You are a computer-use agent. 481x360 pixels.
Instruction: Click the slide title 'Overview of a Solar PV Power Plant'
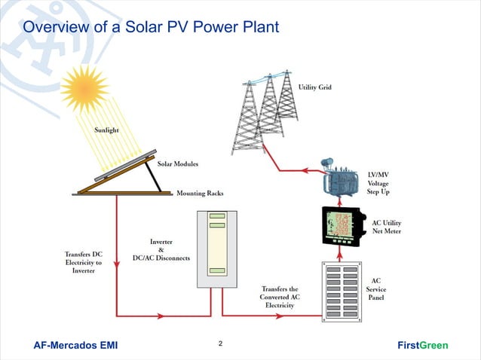(151, 28)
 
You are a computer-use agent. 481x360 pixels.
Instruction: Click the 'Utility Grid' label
(314, 88)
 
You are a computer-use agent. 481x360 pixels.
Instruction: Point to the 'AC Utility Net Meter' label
(386, 227)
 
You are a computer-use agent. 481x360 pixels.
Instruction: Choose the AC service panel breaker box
(342, 290)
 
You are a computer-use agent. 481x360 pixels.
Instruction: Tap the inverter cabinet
(217, 249)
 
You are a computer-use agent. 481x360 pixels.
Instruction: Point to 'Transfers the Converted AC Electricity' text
(279, 297)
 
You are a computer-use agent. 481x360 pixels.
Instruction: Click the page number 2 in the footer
(220, 344)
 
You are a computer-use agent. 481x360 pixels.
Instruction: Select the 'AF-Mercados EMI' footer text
(75, 346)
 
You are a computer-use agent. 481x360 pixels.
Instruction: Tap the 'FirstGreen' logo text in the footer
(422, 346)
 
